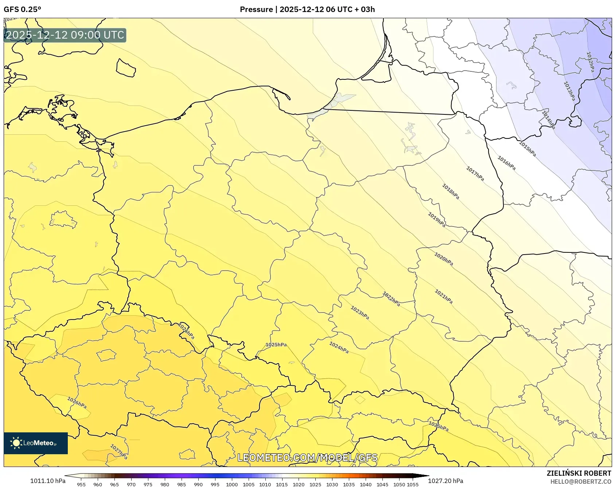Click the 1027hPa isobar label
coord(119,452)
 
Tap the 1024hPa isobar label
coord(339,347)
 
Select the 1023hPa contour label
coord(360,313)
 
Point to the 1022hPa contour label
coord(391,299)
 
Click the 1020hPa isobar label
coord(444,259)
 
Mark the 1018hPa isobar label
coord(451,192)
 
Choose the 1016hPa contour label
coord(506,163)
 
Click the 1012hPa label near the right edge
coord(590,62)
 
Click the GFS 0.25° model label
coord(23,9)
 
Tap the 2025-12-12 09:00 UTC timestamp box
coord(65,35)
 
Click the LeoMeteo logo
coord(36,443)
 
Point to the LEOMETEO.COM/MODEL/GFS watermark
coord(307,457)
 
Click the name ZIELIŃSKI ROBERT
coord(579,473)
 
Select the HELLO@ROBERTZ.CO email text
coord(580,482)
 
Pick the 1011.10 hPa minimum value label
coord(48,481)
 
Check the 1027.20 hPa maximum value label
coord(445,481)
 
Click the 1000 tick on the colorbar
coord(232,484)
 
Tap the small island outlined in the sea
coord(126,68)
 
